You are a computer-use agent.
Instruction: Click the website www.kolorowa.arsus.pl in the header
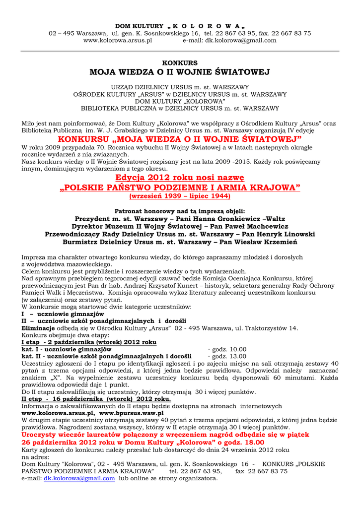[x=118, y=41]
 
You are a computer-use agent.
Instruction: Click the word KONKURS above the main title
[x=180, y=63]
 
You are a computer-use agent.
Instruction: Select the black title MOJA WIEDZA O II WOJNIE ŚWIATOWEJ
[x=180, y=72]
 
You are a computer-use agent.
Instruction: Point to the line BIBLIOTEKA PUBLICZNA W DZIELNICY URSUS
[x=180, y=108]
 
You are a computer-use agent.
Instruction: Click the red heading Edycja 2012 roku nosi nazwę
[x=180, y=178]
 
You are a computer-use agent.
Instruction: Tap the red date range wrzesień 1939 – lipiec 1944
[x=180, y=196]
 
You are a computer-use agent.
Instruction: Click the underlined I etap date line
[x=89, y=342]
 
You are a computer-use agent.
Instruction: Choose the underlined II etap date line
[x=96, y=399]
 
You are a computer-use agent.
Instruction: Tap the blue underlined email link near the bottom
[x=79, y=478]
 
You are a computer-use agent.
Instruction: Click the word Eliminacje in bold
[x=38, y=328]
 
